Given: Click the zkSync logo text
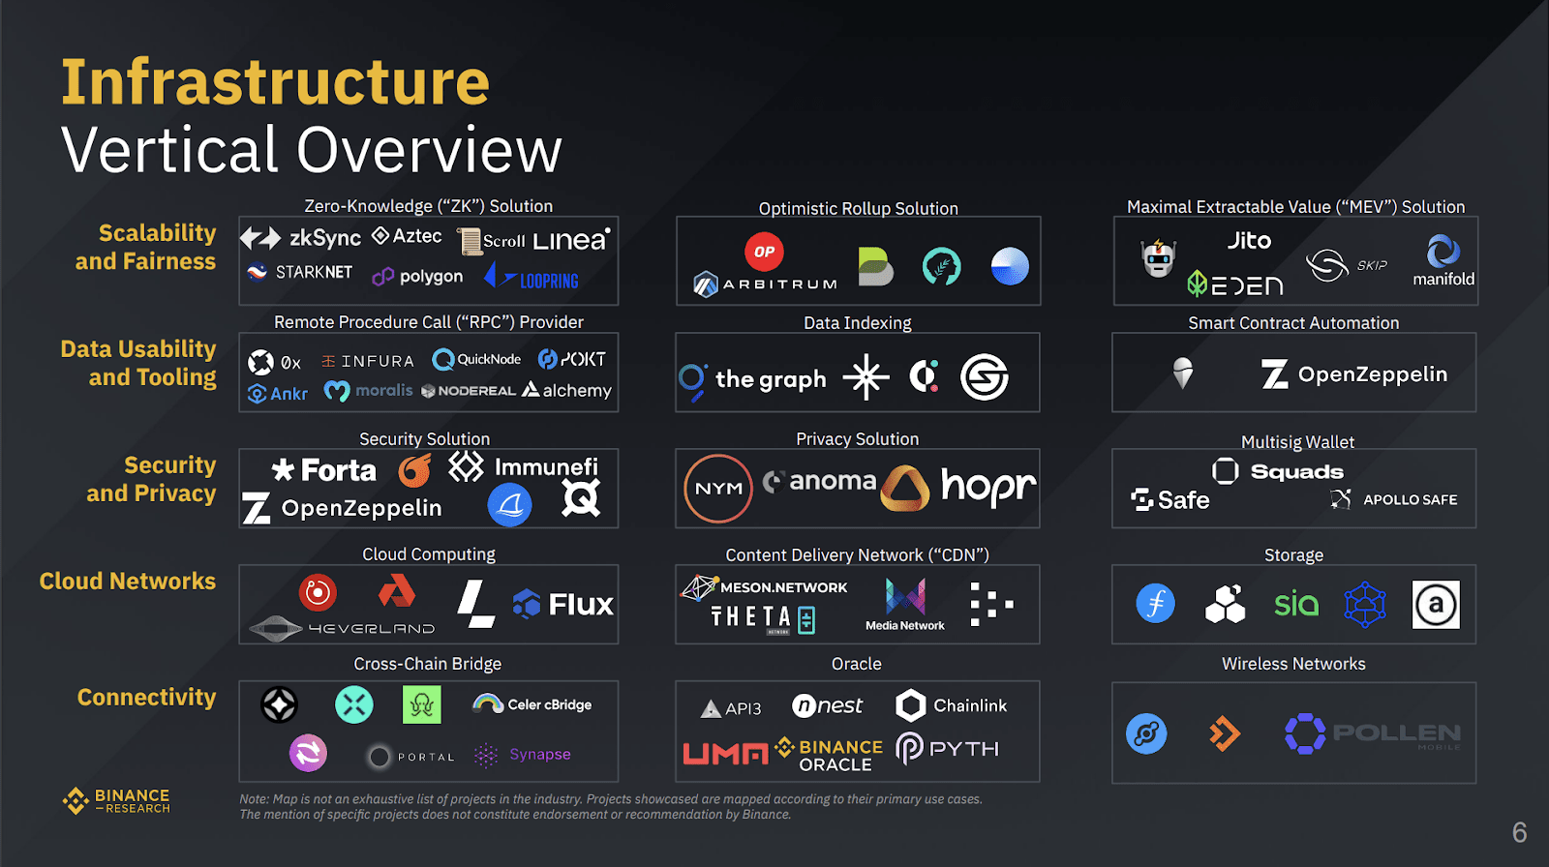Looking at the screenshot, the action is coord(325,239).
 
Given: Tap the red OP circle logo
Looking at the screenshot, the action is coord(764,252).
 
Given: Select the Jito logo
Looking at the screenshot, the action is coord(1249,241).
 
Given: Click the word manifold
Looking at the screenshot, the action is coord(1443,279).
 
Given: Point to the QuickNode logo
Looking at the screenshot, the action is coord(476,360).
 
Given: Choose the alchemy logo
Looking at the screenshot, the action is coord(566,391).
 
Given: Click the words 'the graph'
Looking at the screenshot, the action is coord(771,379).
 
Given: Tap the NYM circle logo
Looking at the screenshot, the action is coord(718,488).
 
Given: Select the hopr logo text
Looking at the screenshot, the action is coord(988,487).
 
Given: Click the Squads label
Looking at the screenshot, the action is coord(1296,471).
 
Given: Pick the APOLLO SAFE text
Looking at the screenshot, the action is coord(1410,499).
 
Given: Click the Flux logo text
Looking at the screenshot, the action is coord(581,604).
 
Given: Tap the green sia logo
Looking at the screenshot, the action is coord(1296,604).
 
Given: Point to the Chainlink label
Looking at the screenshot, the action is coord(969,705).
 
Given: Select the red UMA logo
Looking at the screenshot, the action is coord(725,753).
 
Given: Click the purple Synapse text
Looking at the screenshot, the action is coord(540,755).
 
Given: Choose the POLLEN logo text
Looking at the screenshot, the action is coord(1396,732).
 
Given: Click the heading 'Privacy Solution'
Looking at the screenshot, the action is coord(857,439).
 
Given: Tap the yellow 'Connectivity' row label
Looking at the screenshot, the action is coord(146,697).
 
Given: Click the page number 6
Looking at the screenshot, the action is coord(1519,832).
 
